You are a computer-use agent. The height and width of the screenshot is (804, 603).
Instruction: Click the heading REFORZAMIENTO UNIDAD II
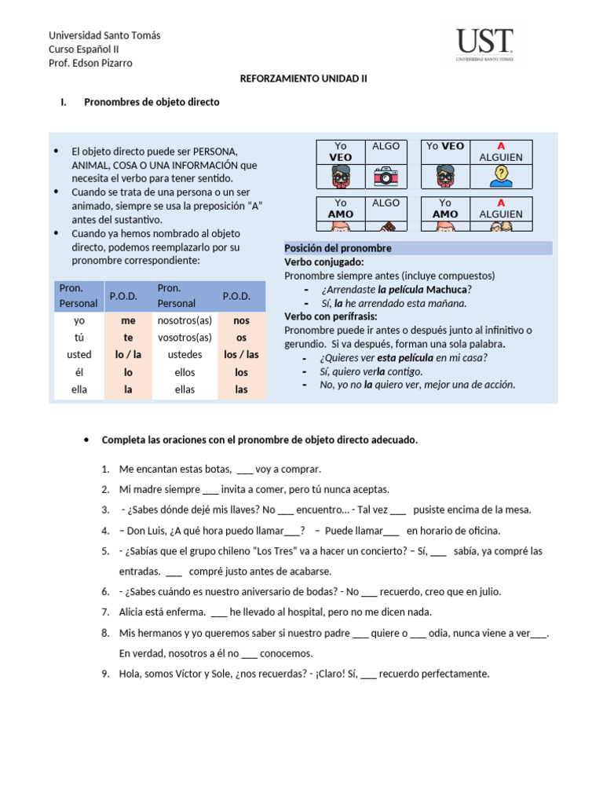pyautogui.click(x=302, y=79)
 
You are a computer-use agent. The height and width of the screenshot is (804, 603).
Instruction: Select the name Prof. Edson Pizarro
pyautogui.click(x=90, y=63)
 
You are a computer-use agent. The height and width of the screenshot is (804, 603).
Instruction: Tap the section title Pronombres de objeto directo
pyautogui.click(x=152, y=102)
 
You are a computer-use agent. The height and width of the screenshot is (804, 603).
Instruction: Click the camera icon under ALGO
pyautogui.click(x=385, y=177)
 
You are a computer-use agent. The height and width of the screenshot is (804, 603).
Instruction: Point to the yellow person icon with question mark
pyautogui.click(x=500, y=177)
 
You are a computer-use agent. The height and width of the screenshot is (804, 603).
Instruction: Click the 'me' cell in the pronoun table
pyautogui.click(x=128, y=321)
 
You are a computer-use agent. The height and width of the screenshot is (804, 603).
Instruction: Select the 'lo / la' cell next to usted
pyautogui.click(x=128, y=355)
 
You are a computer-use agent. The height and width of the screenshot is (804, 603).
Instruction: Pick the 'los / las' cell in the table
pyautogui.click(x=241, y=355)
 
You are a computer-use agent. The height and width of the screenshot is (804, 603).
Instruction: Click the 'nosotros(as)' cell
pyautogui.click(x=185, y=321)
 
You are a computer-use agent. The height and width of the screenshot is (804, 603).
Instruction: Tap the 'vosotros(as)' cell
pyautogui.click(x=185, y=338)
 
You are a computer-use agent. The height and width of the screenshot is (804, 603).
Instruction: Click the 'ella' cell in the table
pyautogui.click(x=79, y=389)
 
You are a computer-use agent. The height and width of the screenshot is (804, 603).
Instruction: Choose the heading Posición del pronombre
pyautogui.click(x=338, y=248)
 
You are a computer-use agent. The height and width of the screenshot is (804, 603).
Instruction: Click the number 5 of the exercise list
pyautogui.click(x=105, y=551)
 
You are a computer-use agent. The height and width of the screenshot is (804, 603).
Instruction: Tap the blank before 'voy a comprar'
pyautogui.click(x=244, y=470)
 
